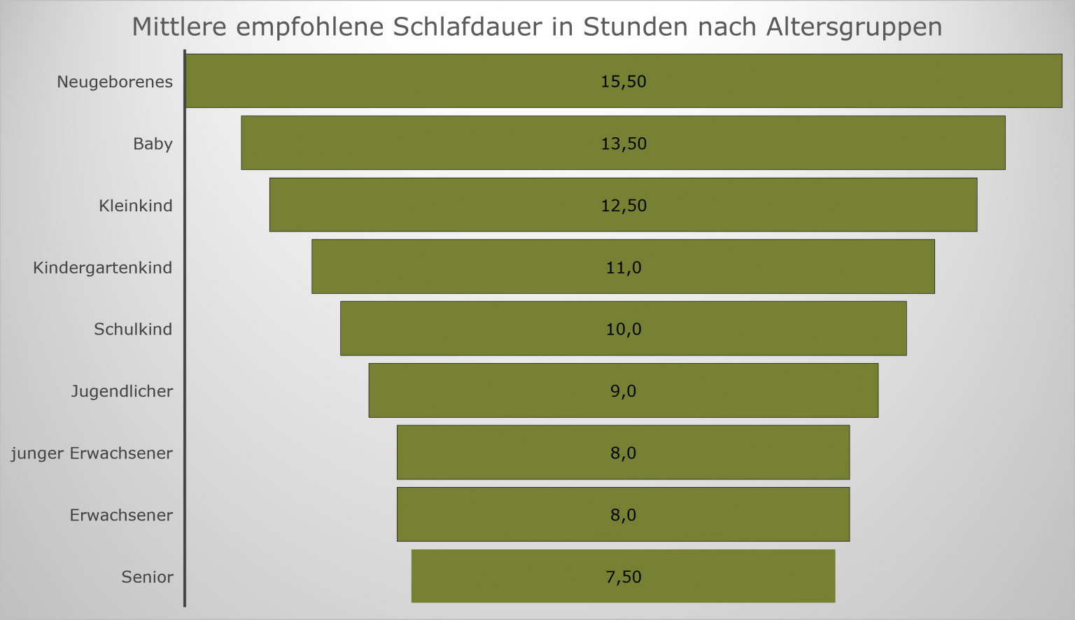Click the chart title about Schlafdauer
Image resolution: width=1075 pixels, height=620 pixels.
536,27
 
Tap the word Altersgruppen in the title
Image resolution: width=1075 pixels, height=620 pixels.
854,27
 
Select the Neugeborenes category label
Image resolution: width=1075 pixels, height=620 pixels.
115,82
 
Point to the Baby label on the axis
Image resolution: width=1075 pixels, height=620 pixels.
153,144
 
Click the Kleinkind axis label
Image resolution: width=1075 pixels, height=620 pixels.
135,206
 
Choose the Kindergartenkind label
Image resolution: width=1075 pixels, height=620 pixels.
102,268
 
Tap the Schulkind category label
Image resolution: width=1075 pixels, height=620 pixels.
133,330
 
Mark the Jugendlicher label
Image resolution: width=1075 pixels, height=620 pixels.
122,391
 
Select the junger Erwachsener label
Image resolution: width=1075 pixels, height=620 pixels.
92,453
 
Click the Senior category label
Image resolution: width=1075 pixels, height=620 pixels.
147,577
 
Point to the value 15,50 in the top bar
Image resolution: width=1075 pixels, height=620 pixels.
623,82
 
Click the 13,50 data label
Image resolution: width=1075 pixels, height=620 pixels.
623,144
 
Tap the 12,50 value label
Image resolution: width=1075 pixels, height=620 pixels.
623,206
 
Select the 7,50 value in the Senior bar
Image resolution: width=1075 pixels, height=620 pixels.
623,577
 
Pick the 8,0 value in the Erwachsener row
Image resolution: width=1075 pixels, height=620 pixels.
623,515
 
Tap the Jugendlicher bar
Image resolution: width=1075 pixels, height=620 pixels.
490,390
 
